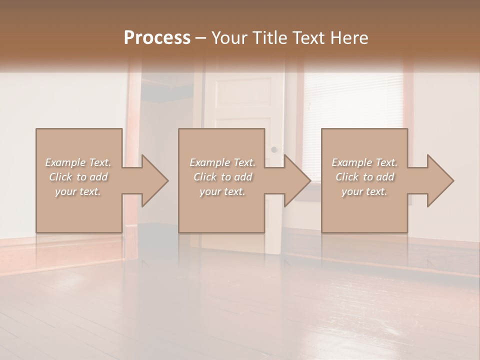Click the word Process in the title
click(x=157, y=38)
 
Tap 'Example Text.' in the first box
click(x=78, y=162)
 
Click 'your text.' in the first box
click(x=78, y=191)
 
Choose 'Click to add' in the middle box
click(x=222, y=177)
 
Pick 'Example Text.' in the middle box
click(x=222, y=162)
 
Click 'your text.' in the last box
click(x=364, y=191)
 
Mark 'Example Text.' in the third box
click(x=364, y=162)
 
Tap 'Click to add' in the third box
click(x=364, y=177)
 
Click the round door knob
click(x=273, y=149)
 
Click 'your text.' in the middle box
click(x=222, y=191)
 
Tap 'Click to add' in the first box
click(x=78, y=177)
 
